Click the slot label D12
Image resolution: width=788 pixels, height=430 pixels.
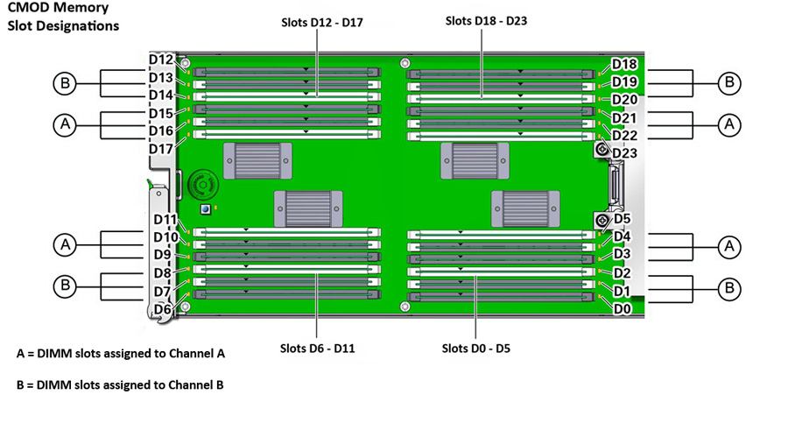(161, 60)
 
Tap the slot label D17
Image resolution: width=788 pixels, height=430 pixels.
(160, 149)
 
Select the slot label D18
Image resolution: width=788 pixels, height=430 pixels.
(624, 64)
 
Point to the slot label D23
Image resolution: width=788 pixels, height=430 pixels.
(625, 153)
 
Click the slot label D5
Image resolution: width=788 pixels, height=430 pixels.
(622, 219)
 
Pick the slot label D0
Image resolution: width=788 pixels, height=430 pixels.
(621, 308)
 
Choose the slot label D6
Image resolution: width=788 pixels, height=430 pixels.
(162, 309)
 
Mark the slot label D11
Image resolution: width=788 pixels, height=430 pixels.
(165, 219)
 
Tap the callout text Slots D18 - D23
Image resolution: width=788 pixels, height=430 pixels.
(486, 19)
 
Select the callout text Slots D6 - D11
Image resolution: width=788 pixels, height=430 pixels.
(317, 349)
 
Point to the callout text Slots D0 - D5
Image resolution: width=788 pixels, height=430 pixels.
(476, 349)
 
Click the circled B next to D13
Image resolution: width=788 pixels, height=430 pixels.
(64, 84)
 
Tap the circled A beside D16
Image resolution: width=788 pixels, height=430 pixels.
(64, 125)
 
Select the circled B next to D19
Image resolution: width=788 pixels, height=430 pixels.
(728, 84)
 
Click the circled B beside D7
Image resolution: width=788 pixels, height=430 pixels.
(64, 285)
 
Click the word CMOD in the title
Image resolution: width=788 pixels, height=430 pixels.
(25, 8)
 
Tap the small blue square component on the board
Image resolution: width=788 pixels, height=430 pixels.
(204, 210)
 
